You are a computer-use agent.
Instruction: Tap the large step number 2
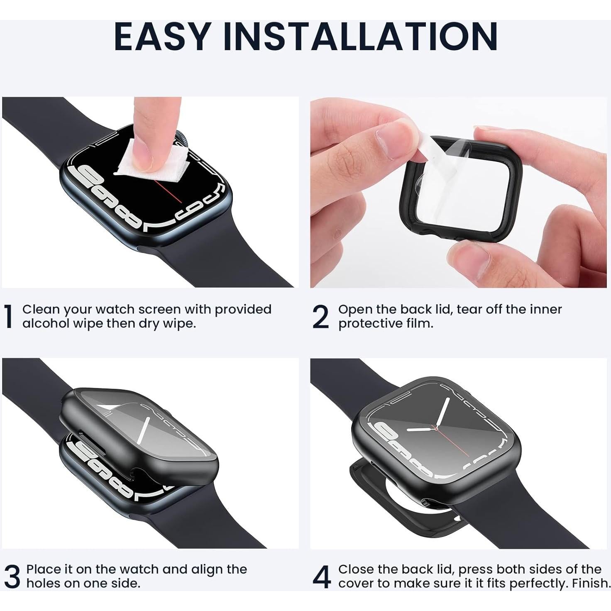click(x=320, y=317)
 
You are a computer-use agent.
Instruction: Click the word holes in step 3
click(x=43, y=583)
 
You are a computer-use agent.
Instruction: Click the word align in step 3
click(x=206, y=569)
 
